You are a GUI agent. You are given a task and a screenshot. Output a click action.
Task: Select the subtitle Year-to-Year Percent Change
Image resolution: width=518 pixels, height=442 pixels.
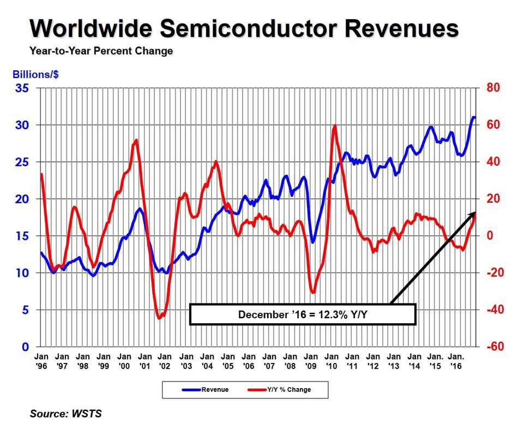click(x=100, y=51)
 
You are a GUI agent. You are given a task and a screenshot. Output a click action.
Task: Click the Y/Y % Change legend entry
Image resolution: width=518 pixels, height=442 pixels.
click(x=280, y=390)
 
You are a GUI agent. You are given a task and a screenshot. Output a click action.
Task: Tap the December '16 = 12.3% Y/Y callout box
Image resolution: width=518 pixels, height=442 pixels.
click(x=303, y=314)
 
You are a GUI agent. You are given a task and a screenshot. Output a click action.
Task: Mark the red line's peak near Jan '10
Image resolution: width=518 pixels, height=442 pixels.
click(x=334, y=126)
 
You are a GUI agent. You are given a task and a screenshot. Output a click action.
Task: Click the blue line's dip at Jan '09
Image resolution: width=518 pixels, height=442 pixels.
click(x=312, y=242)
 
